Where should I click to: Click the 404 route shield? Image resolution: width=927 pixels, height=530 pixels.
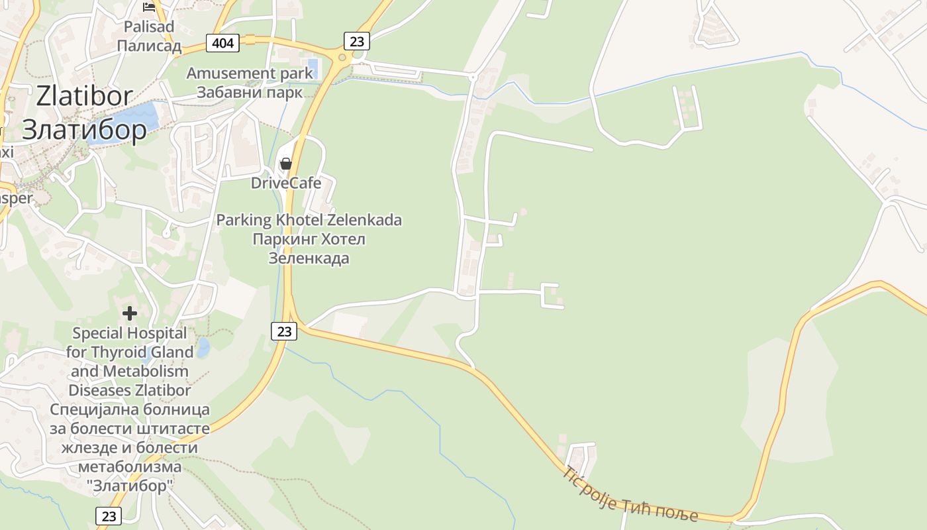tap(223, 43)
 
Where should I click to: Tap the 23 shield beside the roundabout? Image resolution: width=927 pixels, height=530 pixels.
tap(356, 41)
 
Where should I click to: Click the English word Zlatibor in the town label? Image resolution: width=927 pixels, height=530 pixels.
tap(84, 96)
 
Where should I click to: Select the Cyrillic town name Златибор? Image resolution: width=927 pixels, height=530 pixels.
tap(84, 130)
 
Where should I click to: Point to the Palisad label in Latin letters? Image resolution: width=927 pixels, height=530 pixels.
tap(149, 27)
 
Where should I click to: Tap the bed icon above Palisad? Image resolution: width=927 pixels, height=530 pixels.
tap(149, 7)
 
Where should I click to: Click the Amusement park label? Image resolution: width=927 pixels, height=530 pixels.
tap(250, 73)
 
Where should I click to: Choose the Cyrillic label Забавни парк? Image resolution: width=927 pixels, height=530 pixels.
tap(250, 91)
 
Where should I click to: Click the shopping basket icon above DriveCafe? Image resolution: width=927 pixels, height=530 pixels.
tap(286, 164)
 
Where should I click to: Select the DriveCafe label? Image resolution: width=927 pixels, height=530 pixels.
tap(286, 183)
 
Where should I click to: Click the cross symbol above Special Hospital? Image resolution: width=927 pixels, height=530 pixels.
tap(130, 313)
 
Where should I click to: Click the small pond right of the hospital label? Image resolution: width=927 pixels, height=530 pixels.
tap(203, 346)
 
